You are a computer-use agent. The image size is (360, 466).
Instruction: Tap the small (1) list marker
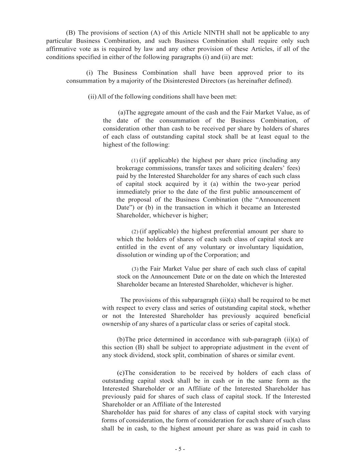point(134,161)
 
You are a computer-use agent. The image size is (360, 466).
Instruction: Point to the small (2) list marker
point(134,232)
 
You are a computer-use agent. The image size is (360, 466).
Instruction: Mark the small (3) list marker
point(134,269)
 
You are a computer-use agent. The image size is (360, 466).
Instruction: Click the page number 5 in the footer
point(180,449)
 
